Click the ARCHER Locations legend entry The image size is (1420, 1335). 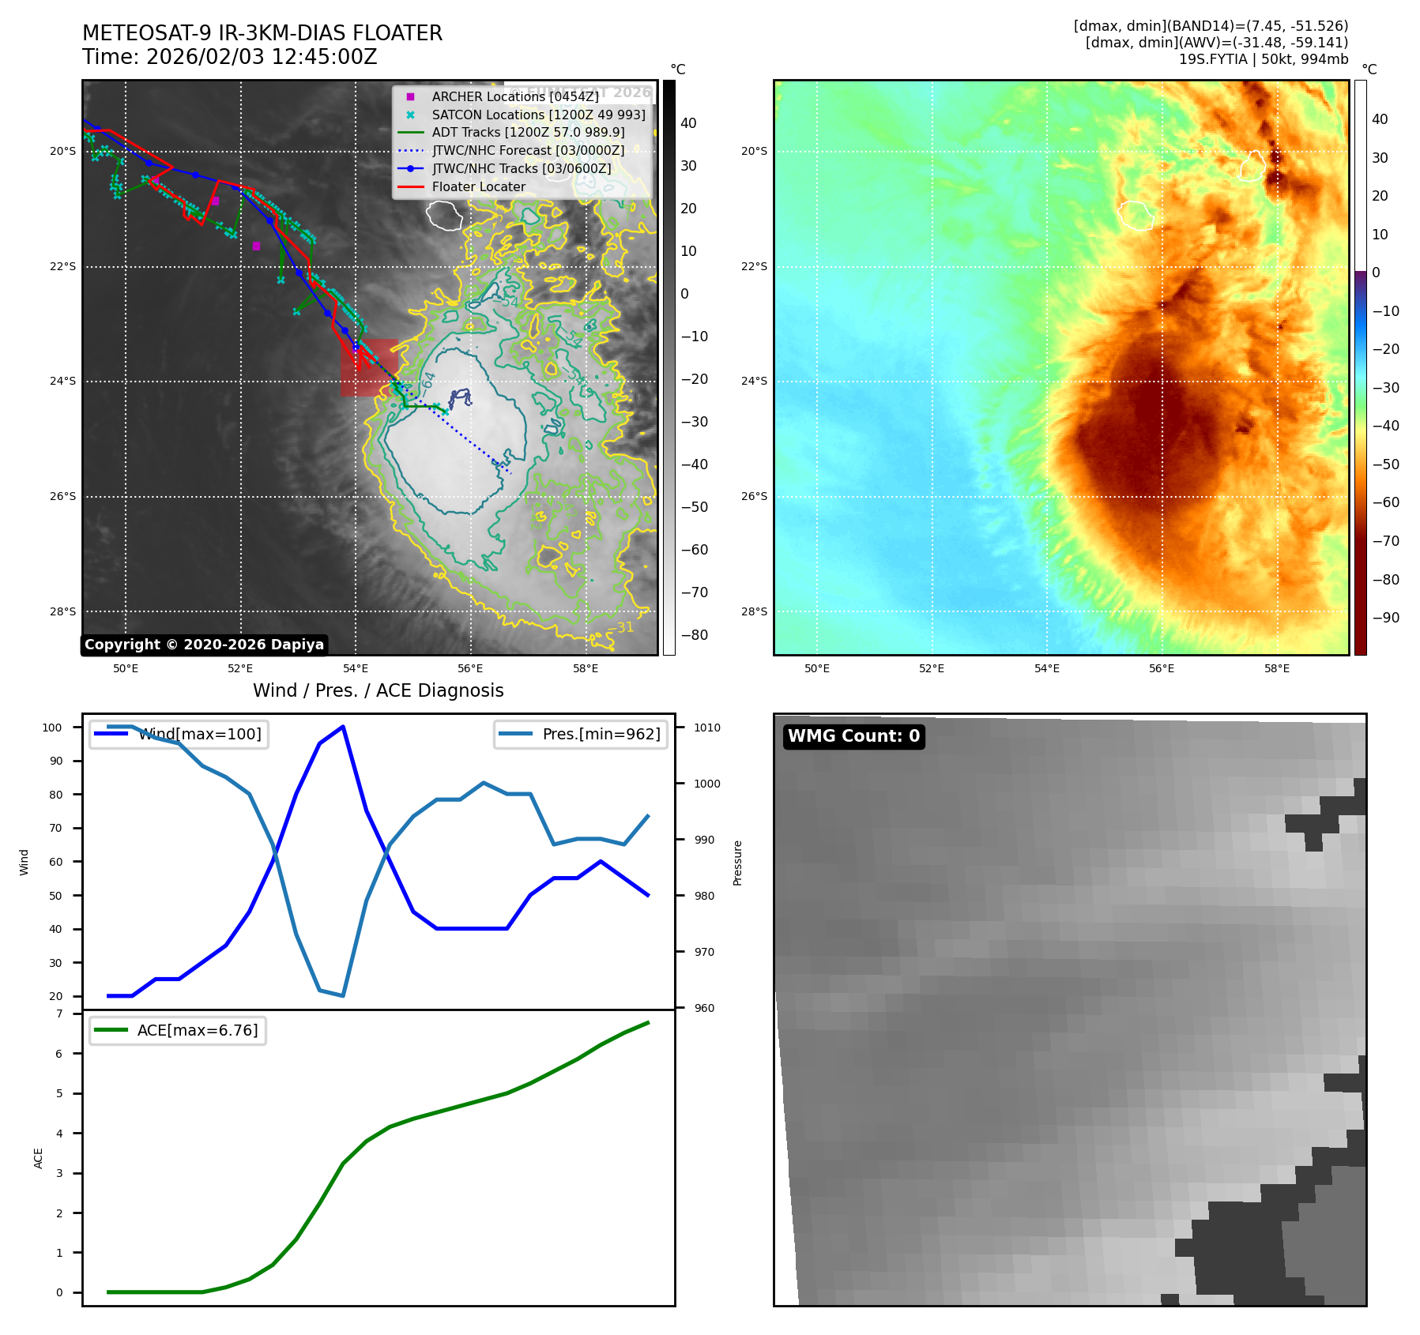[514, 96]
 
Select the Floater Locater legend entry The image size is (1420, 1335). [478, 186]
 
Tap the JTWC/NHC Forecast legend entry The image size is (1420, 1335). [528, 150]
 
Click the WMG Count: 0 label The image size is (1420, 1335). [853, 736]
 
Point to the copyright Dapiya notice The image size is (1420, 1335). [204, 645]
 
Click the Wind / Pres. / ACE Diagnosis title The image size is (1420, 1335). [378, 690]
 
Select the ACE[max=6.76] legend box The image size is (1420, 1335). [178, 1031]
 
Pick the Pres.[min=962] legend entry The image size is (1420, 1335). [581, 734]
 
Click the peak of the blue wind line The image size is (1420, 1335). [343, 726]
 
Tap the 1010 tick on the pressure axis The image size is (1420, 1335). [707, 728]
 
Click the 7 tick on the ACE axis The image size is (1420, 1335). [59, 1013]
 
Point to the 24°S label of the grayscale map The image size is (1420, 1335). [63, 381]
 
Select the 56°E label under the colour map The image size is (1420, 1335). [1161, 668]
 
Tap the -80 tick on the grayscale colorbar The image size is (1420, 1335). [695, 635]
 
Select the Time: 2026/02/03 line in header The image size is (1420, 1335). [230, 57]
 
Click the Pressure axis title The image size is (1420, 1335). [737, 863]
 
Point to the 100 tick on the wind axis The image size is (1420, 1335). [52, 728]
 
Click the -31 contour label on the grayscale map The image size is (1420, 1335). [624, 627]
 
